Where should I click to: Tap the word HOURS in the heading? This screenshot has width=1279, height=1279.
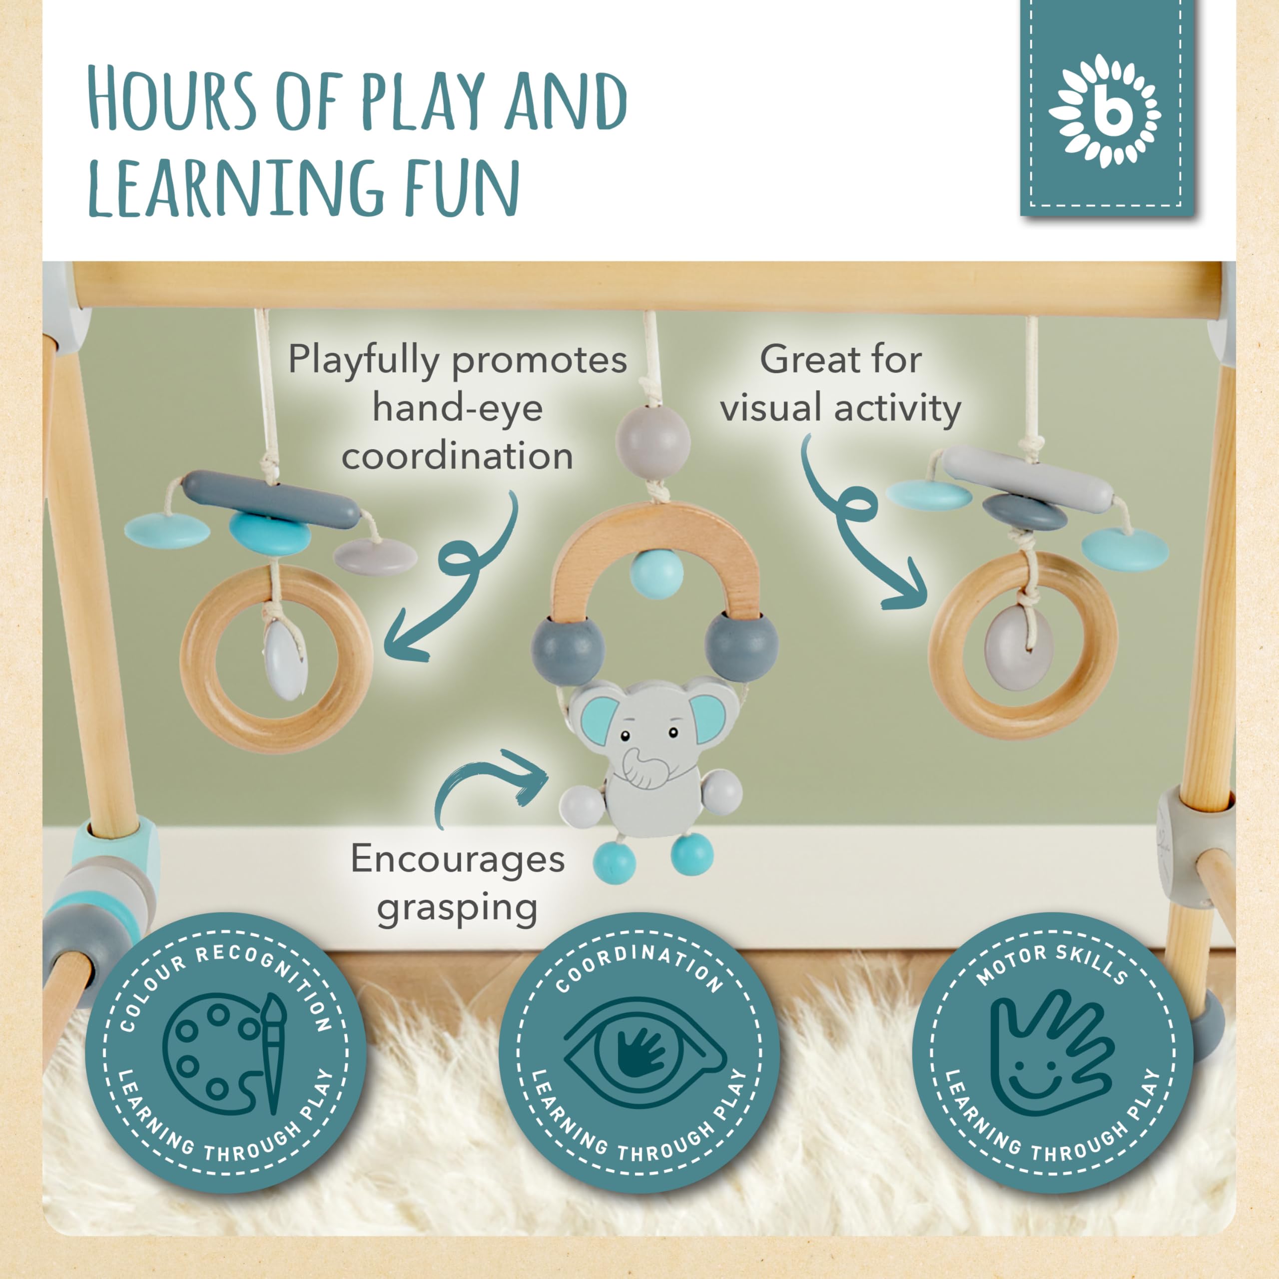tap(171, 99)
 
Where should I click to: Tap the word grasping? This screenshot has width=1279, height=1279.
tap(457, 909)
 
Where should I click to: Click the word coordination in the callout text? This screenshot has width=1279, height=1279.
tap(457, 456)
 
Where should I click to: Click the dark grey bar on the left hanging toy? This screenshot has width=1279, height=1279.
tap(271, 499)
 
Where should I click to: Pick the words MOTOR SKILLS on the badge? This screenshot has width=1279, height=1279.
tap(1052, 965)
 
